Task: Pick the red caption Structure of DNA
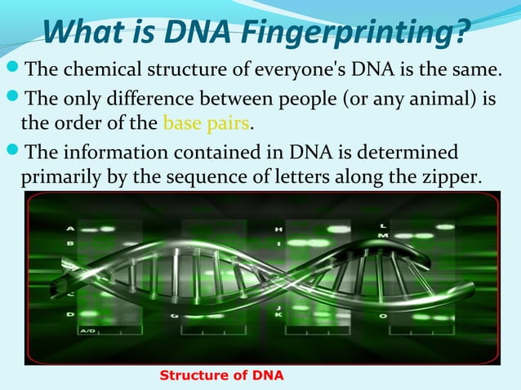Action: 221,375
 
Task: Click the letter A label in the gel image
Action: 69,228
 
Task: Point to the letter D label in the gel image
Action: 69,314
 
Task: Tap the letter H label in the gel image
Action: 279,229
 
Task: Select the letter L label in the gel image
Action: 383,224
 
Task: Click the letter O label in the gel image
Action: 383,315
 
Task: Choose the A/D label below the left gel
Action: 87,330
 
